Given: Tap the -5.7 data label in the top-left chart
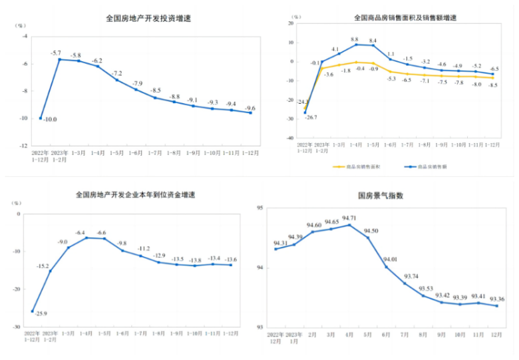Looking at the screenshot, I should coord(56,53).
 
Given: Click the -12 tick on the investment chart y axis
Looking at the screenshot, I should coord(23,145).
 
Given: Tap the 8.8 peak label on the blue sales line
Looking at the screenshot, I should coord(354,39).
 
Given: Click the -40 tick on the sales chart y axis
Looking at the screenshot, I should coord(290,138).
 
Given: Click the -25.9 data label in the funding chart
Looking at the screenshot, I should coord(41,313).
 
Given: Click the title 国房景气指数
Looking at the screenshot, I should coord(381,196).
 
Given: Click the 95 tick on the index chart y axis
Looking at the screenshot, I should coord(260,208).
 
